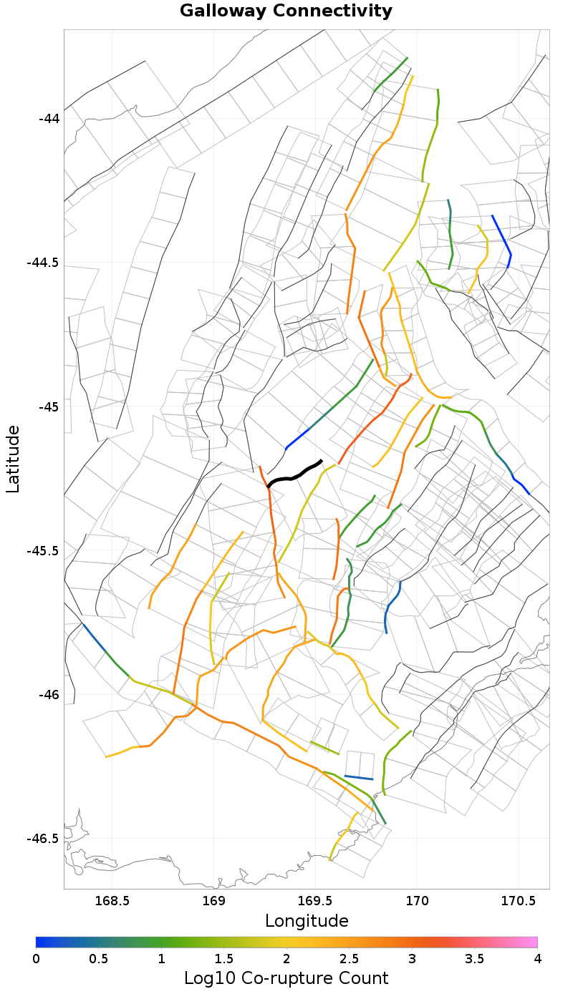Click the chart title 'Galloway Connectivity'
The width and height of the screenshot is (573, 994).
pyautogui.click(x=286, y=11)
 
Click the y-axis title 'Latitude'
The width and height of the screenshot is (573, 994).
pyautogui.click(x=13, y=459)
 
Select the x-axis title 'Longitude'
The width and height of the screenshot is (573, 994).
pyautogui.click(x=307, y=921)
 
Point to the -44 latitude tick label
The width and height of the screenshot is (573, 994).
pyautogui.click(x=49, y=118)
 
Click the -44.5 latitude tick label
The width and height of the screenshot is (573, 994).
pyautogui.click(x=44, y=263)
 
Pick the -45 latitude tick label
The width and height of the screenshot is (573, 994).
pyautogui.click(x=49, y=406)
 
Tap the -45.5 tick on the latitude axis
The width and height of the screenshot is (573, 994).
pyautogui.click(x=44, y=551)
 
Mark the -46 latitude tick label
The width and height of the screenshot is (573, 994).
pyautogui.click(x=49, y=695)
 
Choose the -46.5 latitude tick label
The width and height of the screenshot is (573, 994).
pyautogui.click(x=44, y=839)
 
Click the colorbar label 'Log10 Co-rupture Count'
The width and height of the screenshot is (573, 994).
pyautogui.click(x=286, y=978)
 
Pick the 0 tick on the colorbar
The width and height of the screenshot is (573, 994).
pyautogui.click(x=36, y=958)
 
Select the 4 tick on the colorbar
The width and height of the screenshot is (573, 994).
pyautogui.click(x=537, y=958)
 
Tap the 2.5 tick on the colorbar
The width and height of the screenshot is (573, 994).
pyautogui.click(x=350, y=958)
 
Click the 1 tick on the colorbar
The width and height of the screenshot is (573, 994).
pyautogui.click(x=161, y=958)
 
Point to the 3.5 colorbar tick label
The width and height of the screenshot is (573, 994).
pyautogui.click(x=475, y=958)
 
